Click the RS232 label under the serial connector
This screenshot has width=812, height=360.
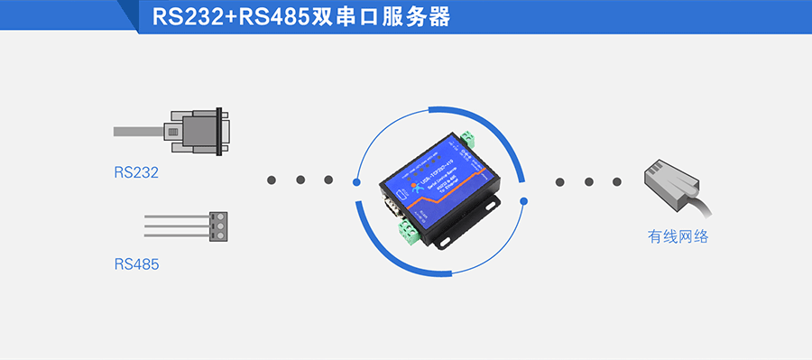pyautogui.click(x=136, y=172)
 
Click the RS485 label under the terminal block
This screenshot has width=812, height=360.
pyautogui.click(x=136, y=264)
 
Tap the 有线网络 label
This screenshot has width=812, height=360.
pyautogui.click(x=678, y=237)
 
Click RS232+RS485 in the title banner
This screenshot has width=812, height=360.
pyautogui.click(x=231, y=17)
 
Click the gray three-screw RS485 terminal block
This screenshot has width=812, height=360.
pyautogui.click(x=217, y=226)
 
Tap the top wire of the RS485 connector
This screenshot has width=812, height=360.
pyautogui.click(x=176, y=217)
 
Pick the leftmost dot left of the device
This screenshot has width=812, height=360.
pyautogui.click(x=272, y=180)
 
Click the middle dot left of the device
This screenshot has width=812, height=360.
pyautogui.click(x=300, y=180)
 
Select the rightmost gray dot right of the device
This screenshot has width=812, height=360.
pyautogui.click(x=618, y=181)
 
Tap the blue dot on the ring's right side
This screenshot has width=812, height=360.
pyautogui.click(x=524, y=200)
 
